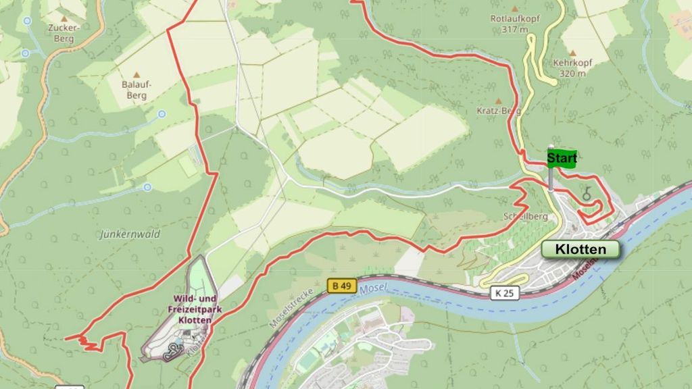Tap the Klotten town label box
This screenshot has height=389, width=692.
(x=580, y=249)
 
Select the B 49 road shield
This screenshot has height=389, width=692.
(x=343, y=286)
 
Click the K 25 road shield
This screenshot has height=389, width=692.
(x=503, y=292)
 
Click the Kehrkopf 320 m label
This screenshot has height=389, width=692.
(x=572, y=68)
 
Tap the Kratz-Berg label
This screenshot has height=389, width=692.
(x=498, y=110)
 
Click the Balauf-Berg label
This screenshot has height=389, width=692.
(x=137, y=90)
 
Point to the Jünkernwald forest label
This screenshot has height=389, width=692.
(x=129, y=234)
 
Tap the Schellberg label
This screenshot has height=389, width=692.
(x=520, y=217)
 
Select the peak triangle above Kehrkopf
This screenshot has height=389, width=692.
(x=572, y=53)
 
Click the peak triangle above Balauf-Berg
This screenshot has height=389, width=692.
(x=137, y=75)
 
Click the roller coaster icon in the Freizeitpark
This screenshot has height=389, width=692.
(x=176, y=348)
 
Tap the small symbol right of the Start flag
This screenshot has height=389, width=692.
(x=588, y=192)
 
